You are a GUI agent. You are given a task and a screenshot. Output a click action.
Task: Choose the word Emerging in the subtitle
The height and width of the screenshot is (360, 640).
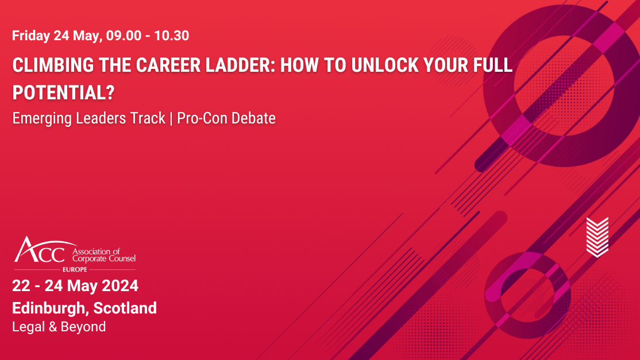point(38,118)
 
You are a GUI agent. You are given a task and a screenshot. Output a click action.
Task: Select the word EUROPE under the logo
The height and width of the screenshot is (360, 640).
point(75,269)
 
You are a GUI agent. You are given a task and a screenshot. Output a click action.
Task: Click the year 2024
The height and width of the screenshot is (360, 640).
point(117,285)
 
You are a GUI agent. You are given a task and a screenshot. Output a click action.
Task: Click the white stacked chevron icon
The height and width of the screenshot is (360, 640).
point(597,237)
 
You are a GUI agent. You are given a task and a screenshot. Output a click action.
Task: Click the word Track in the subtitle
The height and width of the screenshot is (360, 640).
point(151,118)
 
